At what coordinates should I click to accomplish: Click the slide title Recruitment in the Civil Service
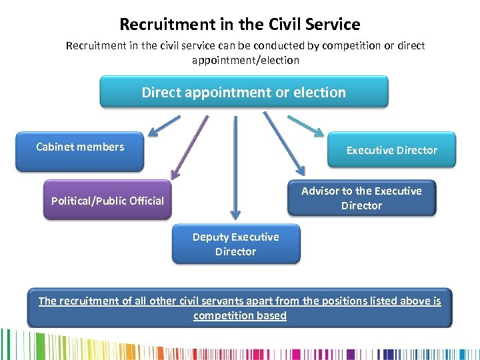coord(240,25)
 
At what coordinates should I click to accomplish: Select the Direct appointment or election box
coord(243,92)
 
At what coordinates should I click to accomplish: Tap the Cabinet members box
coord(80,151)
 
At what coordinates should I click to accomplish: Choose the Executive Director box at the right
coord(392,150)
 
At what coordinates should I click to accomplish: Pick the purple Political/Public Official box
coord(107,200)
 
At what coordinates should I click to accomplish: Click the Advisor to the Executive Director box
coord(361,198)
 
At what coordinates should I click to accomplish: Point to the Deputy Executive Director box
coord(236,244)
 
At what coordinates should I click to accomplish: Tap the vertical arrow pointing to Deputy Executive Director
coord(235,167)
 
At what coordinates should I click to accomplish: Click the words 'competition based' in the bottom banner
coord(240,315)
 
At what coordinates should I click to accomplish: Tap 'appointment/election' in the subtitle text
coord(245,60)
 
